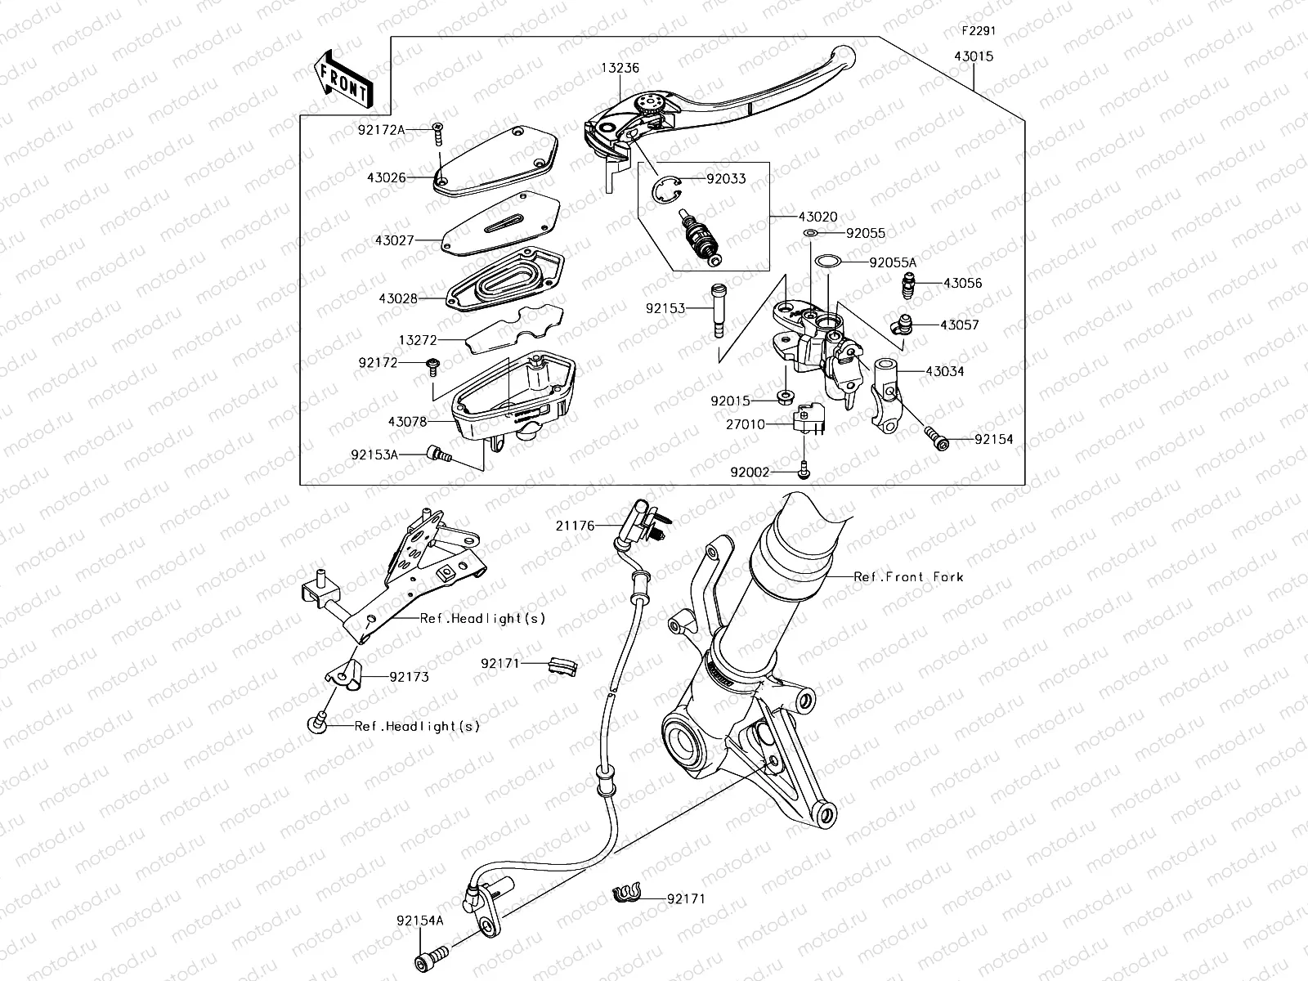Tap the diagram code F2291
[978, 31]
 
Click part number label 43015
[974, 56]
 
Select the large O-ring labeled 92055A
[828, 262]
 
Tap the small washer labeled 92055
[810, 234]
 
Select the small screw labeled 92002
[804, 472]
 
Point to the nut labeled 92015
[783, 399]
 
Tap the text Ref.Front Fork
[908, 577]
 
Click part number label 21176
[576, 526]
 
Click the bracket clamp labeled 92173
[345, 675]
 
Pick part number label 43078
[407, 422]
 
